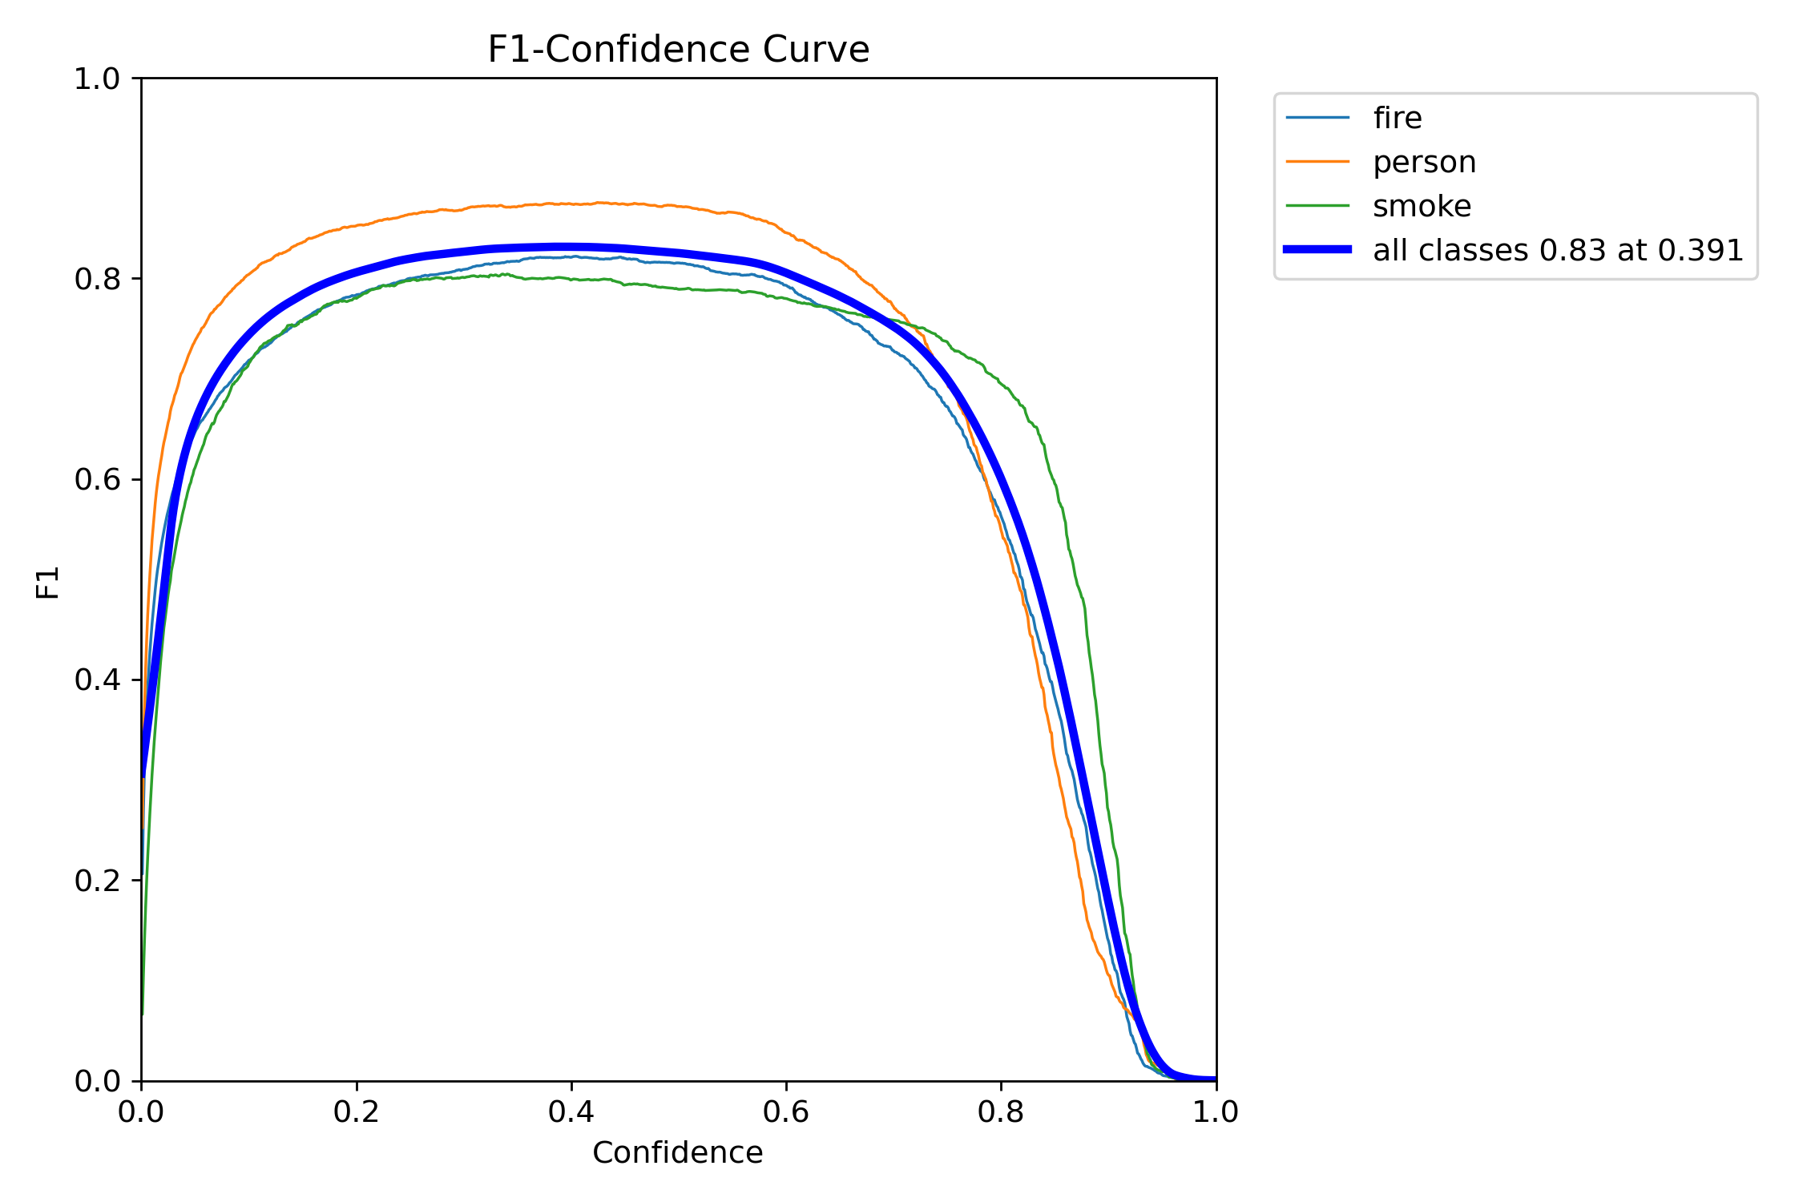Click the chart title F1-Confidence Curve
678,50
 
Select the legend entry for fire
1397,118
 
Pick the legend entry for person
1424,162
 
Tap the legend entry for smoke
1422,206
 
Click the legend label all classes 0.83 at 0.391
1558,250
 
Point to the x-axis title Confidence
677,1152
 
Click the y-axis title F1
48,582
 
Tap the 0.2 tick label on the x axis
356,1112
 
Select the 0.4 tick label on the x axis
571,1112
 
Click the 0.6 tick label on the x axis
786,1112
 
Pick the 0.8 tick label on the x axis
1001,1112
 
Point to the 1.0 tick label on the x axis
1216,1112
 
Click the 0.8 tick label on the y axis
97,279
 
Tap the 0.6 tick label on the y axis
97,479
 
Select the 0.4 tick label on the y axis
97,680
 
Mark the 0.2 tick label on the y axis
97,881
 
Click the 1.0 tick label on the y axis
97,79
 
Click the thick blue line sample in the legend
1317,249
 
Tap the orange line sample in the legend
1317,162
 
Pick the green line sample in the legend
1317,206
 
